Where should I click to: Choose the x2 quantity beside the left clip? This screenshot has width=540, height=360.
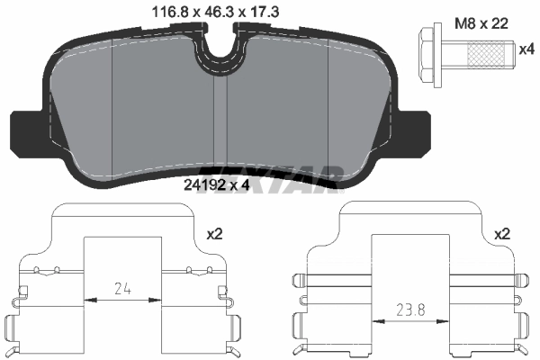click(214, 233)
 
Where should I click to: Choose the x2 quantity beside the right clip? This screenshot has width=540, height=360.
click(503, 233)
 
